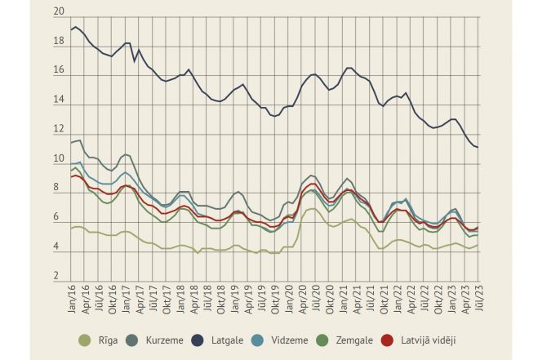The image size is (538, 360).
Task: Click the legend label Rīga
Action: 104,340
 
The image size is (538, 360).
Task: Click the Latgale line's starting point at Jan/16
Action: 72,29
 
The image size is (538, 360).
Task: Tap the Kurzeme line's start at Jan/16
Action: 72,143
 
